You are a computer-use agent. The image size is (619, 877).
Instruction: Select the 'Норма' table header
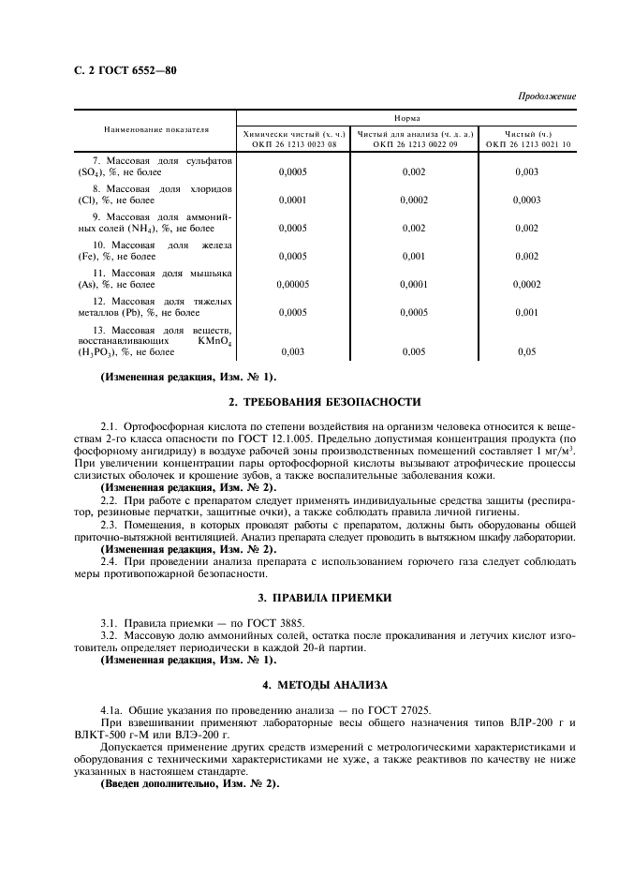405,119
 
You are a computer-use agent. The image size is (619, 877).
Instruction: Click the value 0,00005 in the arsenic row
293,283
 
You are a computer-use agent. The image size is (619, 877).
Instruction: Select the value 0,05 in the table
527,352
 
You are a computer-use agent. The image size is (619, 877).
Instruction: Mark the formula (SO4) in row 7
92,173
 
